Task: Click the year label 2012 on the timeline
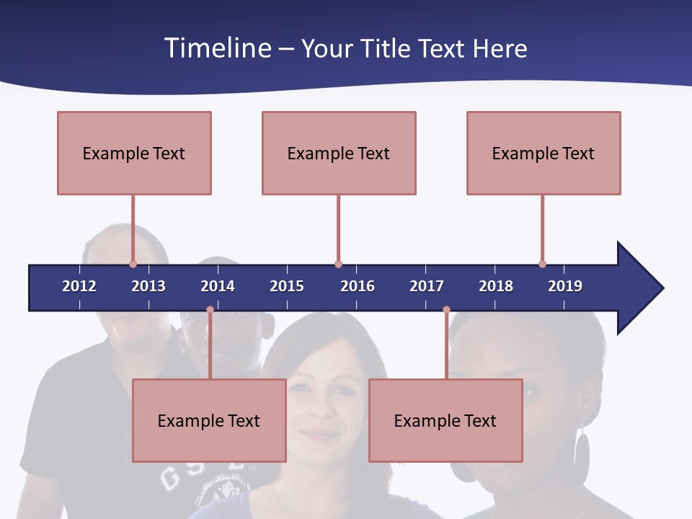point(79,286)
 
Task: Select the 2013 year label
point(148,286)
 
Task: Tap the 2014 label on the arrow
point(218,286)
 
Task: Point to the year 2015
point(287,286)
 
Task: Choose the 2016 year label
point(358,286)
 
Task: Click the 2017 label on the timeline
point(427,286)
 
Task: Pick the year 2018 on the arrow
point(496,286)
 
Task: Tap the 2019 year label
point(565,286)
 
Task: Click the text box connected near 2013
point(134,153)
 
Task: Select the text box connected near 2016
point(339,153)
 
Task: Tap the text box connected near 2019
point(544,153)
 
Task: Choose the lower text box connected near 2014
point(209,420)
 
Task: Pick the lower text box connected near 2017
point(445,420)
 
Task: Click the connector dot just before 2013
point(133,264)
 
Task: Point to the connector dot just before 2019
point(542,264)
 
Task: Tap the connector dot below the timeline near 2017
point(446,310)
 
